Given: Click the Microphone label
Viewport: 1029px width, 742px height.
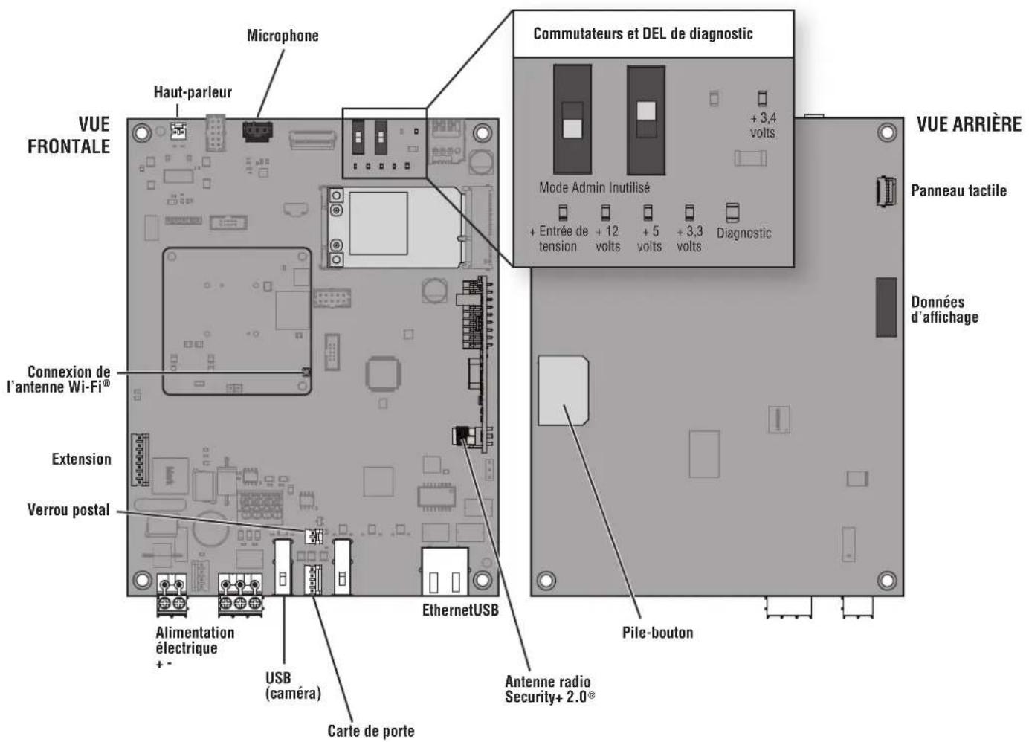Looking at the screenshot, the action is [283, 36].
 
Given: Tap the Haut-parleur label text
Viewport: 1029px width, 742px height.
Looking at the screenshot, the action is [193, 92].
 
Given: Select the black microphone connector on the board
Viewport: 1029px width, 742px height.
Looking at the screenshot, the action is [257, 132].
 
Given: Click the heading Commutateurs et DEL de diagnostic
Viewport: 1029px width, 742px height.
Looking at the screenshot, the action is [643, 33].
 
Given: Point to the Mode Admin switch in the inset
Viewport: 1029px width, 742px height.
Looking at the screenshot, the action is [572, 120].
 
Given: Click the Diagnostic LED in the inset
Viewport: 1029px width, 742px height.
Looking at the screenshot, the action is [732, 213].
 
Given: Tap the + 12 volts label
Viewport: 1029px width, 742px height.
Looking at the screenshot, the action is [607, 239].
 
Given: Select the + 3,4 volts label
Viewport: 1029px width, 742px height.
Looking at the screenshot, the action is [763, 125].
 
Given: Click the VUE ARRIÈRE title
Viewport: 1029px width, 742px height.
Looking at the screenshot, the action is [969, 124].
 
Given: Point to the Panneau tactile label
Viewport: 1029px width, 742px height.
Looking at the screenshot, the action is [958, 190].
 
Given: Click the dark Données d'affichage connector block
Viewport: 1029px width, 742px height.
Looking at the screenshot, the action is [886, 307].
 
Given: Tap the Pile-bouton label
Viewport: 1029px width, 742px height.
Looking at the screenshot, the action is [657, 632].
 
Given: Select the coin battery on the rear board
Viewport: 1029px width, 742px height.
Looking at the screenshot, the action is [563, 390].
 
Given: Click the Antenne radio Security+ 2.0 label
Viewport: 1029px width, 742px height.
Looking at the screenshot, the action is [549, 689].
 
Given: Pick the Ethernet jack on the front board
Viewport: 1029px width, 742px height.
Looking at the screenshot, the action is [445, 572].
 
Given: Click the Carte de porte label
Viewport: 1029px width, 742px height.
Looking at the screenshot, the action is [371, 731].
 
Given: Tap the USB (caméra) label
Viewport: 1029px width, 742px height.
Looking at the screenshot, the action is [293, 685].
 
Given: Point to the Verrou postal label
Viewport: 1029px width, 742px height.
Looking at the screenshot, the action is [68, 509].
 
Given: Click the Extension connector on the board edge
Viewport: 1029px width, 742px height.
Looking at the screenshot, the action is [140, 459].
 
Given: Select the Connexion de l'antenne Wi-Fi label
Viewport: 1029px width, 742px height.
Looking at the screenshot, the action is [59, 379].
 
